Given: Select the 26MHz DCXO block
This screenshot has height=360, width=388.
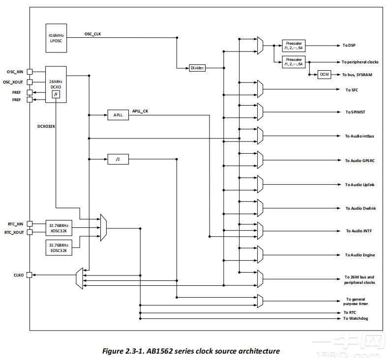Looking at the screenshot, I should (x=56, y=84).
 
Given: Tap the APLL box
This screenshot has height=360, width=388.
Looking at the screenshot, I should (x=118, y=115).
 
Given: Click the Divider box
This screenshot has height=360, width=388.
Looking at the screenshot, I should (x=197, y=68).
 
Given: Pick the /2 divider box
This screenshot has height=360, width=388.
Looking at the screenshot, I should (x=118, y=159).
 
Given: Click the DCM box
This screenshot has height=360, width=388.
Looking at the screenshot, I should (x=324, y=74).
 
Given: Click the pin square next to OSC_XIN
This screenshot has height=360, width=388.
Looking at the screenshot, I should (x=30, y=72).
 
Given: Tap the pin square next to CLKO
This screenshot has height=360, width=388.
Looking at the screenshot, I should (x=30, y=275).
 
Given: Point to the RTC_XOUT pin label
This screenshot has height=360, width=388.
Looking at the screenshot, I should (x=14, y=232).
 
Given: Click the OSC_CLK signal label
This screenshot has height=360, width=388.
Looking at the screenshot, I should (x=94, y=34).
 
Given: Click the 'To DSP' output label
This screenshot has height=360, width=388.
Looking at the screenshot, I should (x=349, y=45).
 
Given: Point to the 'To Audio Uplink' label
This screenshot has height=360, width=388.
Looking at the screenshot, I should (x=359, y=185).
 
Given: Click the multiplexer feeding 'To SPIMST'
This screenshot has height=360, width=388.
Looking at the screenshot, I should (x=260, y=112).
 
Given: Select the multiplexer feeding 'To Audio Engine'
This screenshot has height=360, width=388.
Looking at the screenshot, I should (x=260, y=255).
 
